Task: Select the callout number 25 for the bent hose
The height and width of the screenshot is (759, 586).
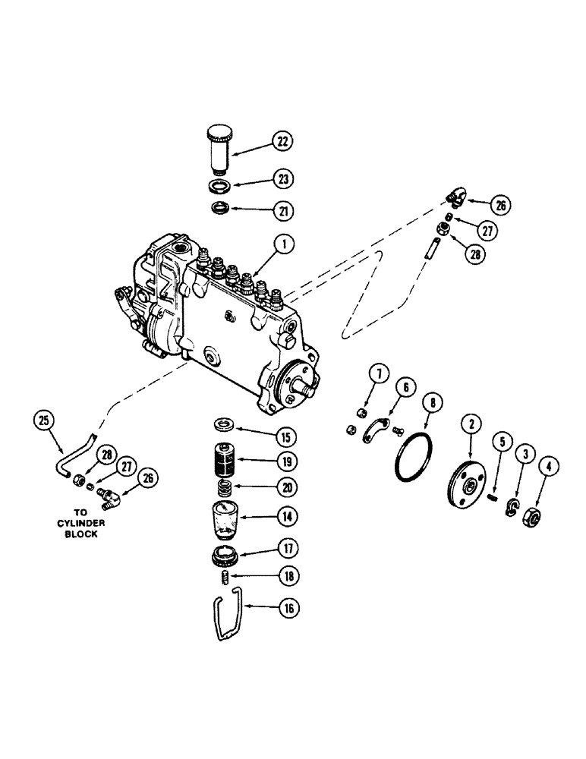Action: (x=45, y=418)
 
